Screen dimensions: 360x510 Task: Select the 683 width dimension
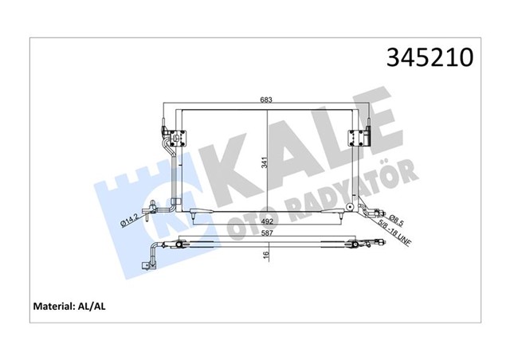click(265, 100)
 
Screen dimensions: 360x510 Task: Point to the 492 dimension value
click(270, 223)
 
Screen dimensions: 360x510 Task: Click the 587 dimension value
click(270, 235)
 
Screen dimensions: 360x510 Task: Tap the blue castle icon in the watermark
click(131, 191)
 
